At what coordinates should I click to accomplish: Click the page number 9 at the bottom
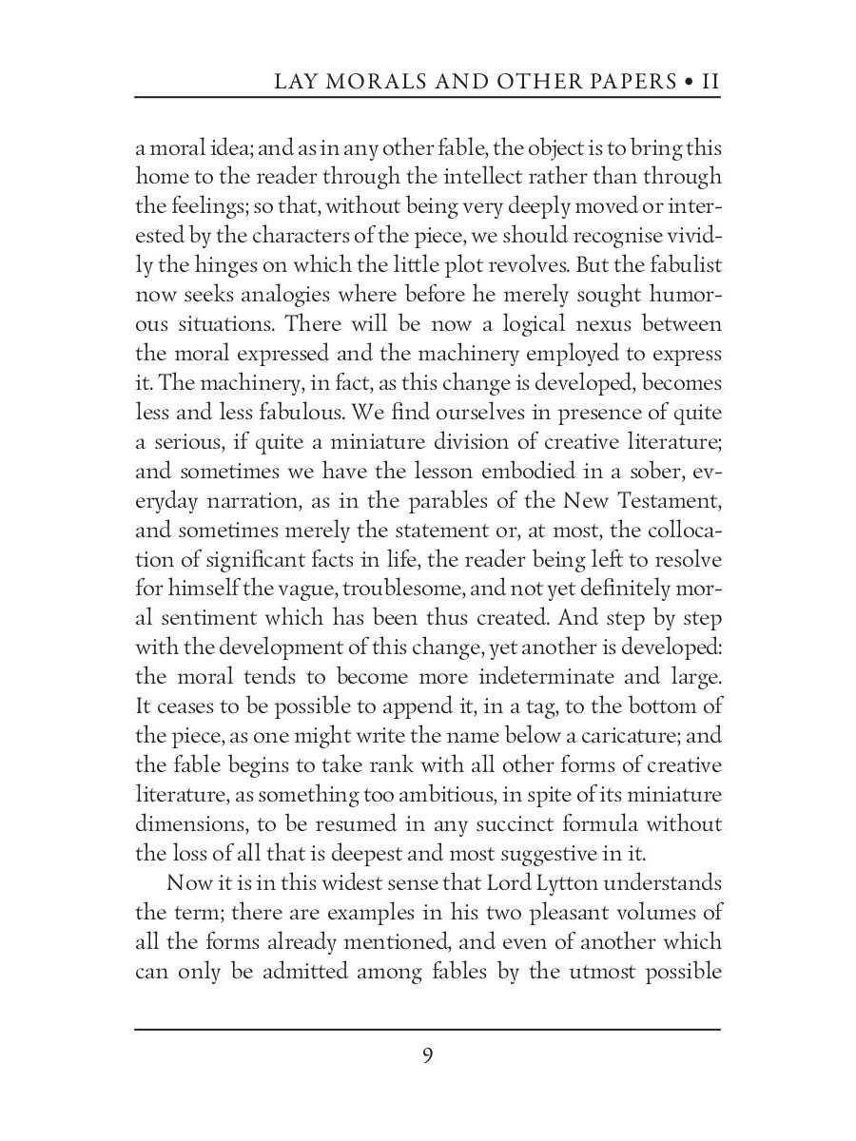click(428, 1056)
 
